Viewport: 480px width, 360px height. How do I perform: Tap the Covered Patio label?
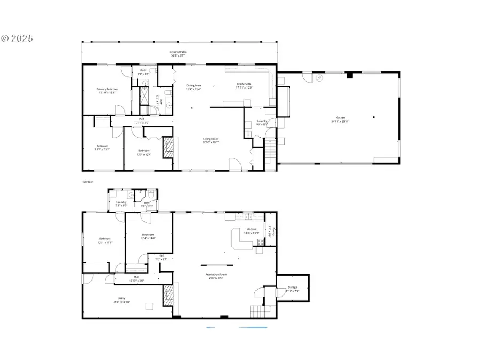(179, 52)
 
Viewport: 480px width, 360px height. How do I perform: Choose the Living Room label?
(210, 139)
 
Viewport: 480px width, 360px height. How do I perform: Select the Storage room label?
(292, 287)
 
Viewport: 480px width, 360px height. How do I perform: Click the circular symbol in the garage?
(319, 77)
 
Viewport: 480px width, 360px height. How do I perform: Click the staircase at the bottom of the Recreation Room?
(259, 310)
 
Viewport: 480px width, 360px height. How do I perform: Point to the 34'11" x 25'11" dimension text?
(340, 121)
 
